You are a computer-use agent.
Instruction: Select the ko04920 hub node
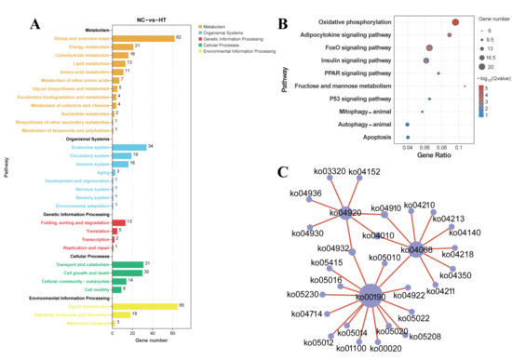click(x=351, y=212)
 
